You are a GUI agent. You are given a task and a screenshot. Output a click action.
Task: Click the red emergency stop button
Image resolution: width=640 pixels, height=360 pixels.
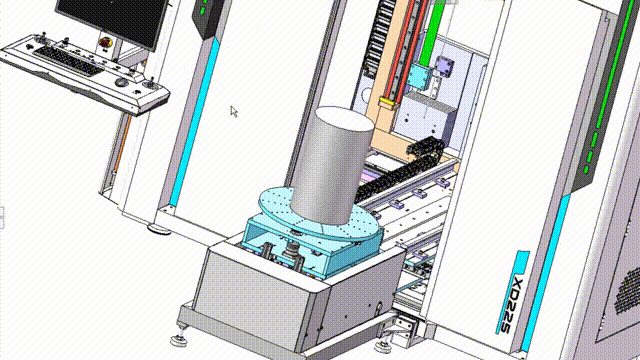(x=105, y=42)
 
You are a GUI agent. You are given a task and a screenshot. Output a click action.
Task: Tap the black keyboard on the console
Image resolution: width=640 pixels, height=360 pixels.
(x=68, y=61)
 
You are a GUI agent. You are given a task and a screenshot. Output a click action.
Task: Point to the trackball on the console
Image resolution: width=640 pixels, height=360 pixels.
(x=122, y=82)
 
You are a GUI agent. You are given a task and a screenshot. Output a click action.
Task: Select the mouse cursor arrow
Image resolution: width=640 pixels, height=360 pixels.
(x=233, y=111)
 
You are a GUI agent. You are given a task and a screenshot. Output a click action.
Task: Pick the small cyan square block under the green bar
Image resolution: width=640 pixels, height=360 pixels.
(x=419, y=76)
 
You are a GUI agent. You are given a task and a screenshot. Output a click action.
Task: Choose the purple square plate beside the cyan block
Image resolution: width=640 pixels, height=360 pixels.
(x=444, y=66)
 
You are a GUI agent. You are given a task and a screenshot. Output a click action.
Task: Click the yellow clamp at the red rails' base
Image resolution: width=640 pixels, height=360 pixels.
(x=388, y=102)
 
